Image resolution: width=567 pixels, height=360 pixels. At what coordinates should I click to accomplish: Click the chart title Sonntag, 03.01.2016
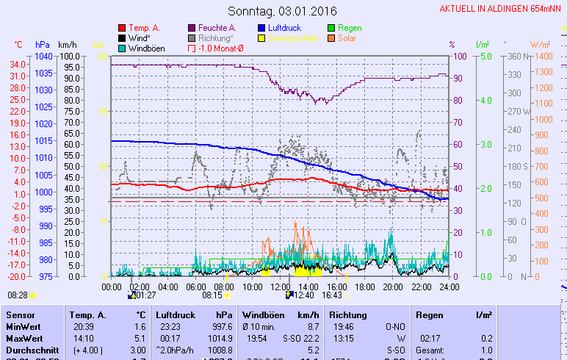pos(278,11)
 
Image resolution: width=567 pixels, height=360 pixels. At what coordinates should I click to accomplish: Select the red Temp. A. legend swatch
pos(122,28)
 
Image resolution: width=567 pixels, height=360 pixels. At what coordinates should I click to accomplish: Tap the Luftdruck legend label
pos(286,28)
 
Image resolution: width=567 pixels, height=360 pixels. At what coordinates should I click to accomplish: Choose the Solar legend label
pos(348,38)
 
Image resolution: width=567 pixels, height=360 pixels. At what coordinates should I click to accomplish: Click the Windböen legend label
pos(146,48)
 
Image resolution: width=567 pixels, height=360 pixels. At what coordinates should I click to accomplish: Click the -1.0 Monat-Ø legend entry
pos(221,48)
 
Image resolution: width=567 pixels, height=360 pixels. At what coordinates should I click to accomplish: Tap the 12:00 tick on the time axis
pos(280,287)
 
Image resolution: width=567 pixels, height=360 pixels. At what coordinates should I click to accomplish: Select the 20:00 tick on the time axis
pos(393,287)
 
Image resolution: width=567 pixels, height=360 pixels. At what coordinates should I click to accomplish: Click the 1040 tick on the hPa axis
pos(43,57)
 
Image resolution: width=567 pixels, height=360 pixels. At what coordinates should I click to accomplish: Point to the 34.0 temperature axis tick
pos(18,64)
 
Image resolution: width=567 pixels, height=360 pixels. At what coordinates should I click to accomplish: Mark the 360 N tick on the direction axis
pos(517,57)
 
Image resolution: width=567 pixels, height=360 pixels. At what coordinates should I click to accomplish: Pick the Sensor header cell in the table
pos(20,314)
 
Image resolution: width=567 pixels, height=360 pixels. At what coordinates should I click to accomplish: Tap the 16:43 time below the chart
pos(332,295)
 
